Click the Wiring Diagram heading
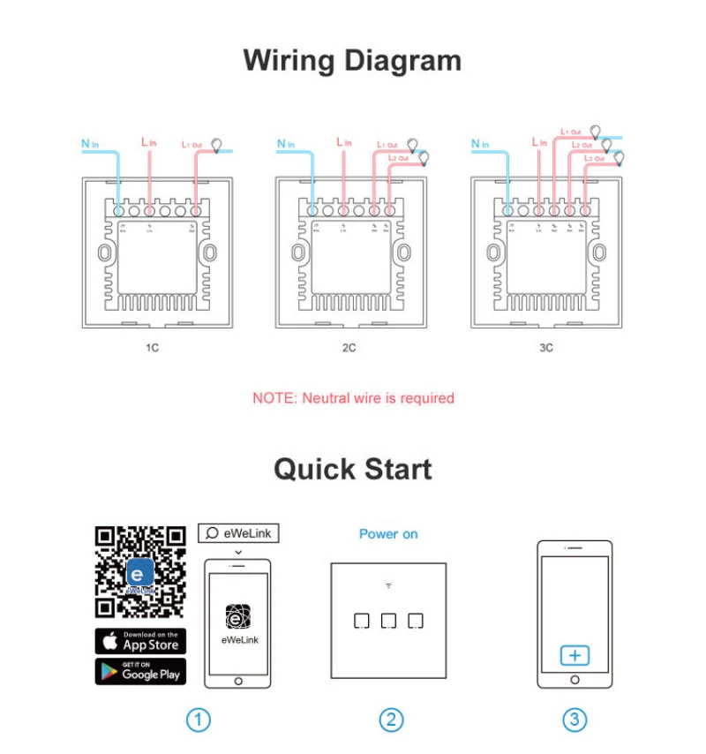click(x=352, y=61)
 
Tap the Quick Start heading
click(x=352, y=468)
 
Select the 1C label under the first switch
click(x=152, y=348)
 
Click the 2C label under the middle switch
click(x=349, y=348)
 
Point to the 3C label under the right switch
click(x=546, y=348)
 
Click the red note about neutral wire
click(x=353, y=398)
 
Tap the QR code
click(x=140, y=572)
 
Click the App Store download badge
click(x=140, y=641)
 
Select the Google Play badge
click(x=140, y=671)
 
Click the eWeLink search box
click(x=237, y=533)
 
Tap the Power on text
click(x=388, y=534)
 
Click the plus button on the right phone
click(x=575, y=655)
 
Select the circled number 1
click(x=199, y=720)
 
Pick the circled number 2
click(x=391, y=720)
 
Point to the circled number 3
click(x=575, y=720)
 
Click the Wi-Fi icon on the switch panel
click(x=388, y=585)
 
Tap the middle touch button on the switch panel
click(x=388, y=621)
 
